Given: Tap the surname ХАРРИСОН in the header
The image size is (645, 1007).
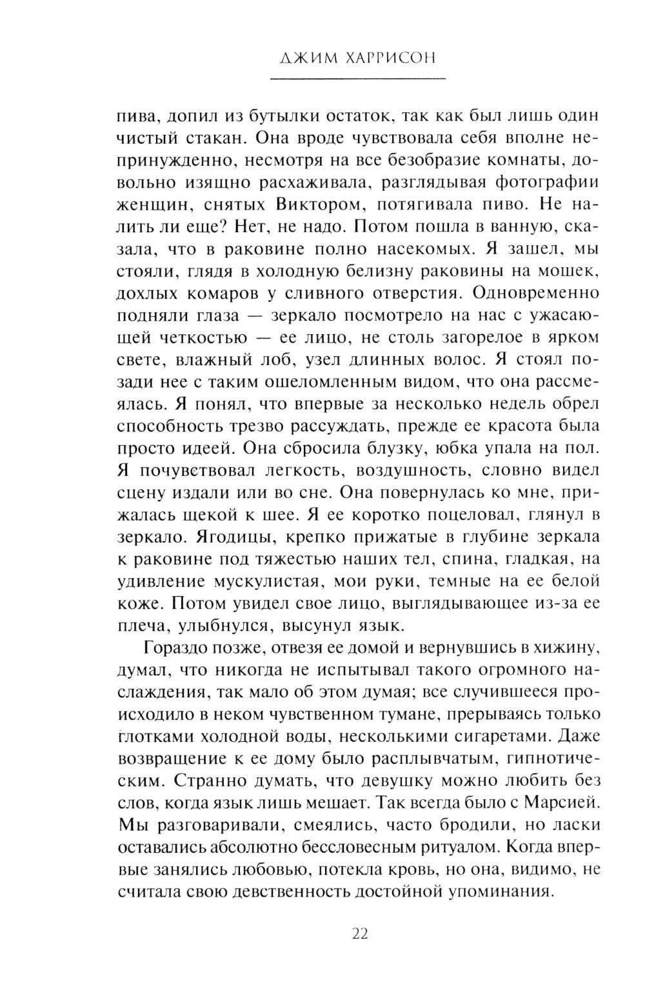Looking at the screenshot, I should [393, 58].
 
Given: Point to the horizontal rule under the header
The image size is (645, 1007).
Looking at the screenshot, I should [358, 79].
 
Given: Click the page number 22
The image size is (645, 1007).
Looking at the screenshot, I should [359, 933].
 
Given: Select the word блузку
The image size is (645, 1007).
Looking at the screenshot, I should [373, 448].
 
